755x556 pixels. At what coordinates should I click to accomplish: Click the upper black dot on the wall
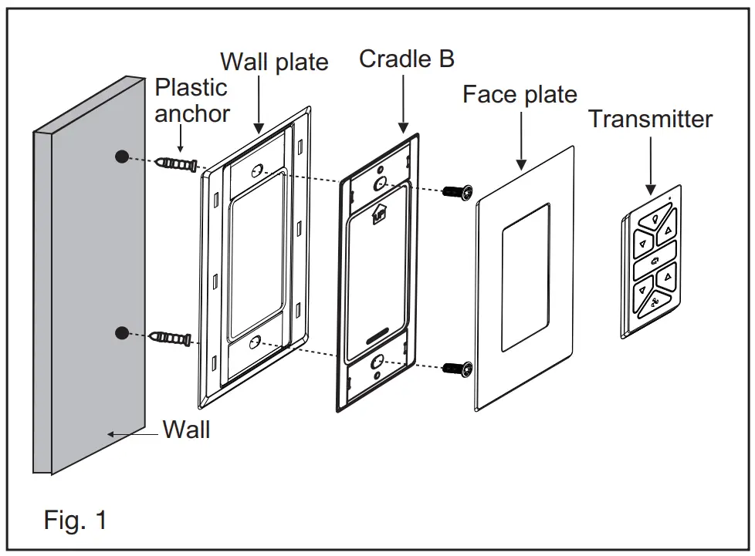click(121, 157)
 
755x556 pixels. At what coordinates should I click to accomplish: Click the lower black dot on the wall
click(121, 332)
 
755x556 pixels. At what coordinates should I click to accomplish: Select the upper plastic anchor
click(177, 164)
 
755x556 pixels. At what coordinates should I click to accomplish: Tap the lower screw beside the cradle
click(456, 369)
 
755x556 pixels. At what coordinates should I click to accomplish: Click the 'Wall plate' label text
click(274, 62)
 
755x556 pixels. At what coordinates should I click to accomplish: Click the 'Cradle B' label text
click(407, 59)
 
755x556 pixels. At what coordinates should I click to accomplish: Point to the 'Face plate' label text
click(520, 95)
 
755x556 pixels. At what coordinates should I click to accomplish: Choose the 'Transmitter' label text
click(650, 119)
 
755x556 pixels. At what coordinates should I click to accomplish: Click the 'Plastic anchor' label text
click(191, 100)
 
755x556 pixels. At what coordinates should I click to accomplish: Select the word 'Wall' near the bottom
click(186, 430)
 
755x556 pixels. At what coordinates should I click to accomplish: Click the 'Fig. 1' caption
click(76, 520)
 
